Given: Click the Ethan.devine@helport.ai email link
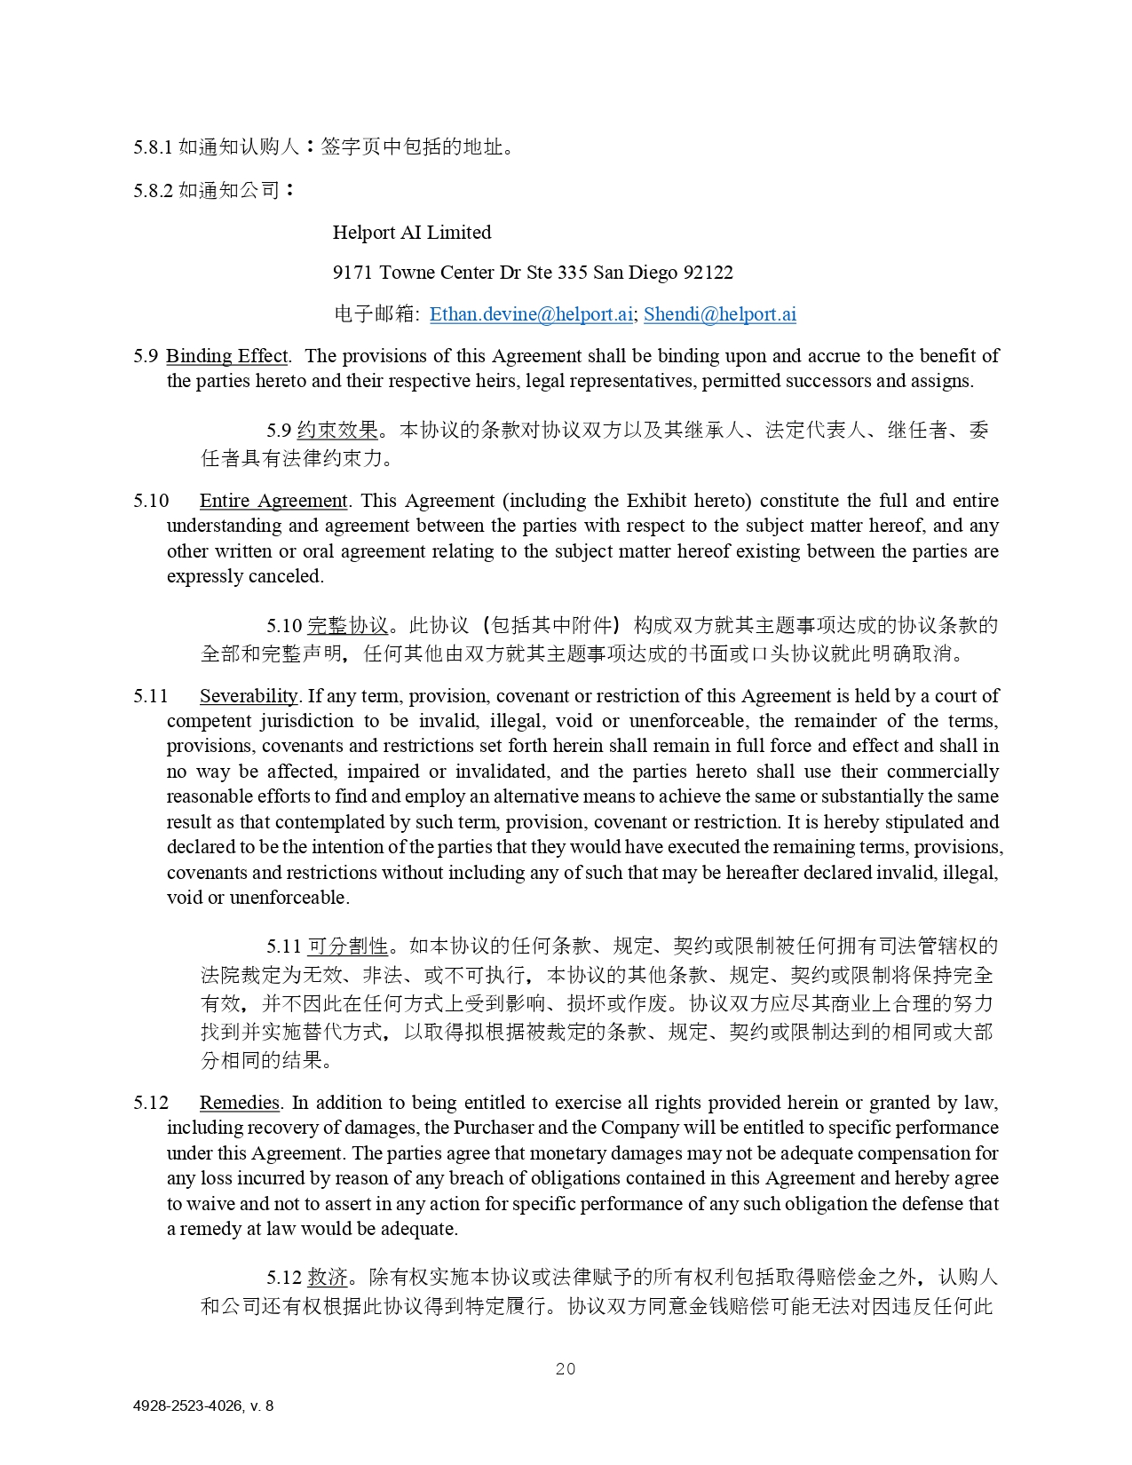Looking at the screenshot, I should coord(531,314).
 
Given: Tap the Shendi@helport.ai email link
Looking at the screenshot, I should coord(719,314).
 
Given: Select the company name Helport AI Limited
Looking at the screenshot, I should coord(411,233).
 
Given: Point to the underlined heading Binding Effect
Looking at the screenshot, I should coord(227,356).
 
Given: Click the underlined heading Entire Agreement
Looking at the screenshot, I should coord(273,501).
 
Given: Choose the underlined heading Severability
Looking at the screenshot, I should coord(249,696).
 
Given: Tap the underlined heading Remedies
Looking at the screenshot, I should coord(240,1103).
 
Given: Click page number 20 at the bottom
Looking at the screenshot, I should coord(566,1369).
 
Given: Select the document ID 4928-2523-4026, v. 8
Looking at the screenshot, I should coord(203,1406).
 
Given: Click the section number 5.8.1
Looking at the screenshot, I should coord(153,147).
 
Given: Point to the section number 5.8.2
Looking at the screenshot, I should coord(153,191).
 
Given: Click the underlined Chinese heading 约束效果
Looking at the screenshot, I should coord(337,431).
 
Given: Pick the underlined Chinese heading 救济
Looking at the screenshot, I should coord(327,1278).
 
